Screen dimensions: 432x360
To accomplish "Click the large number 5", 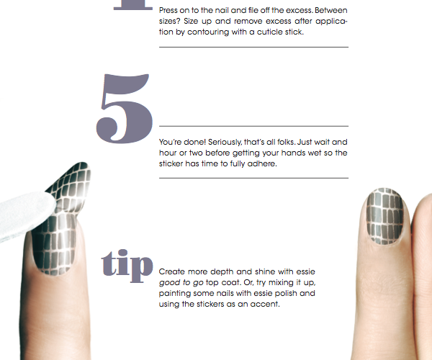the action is point(125,109).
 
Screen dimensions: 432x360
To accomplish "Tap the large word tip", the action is point(127,266).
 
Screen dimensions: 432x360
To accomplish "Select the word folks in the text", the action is point(287,142).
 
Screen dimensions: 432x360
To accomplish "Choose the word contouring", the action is point(208,32).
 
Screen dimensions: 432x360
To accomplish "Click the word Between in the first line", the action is point(331,11).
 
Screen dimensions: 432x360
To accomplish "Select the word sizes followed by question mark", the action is point(168,21).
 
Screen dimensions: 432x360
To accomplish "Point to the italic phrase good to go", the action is point(181,283).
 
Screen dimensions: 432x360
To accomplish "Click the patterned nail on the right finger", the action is point(385,217).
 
